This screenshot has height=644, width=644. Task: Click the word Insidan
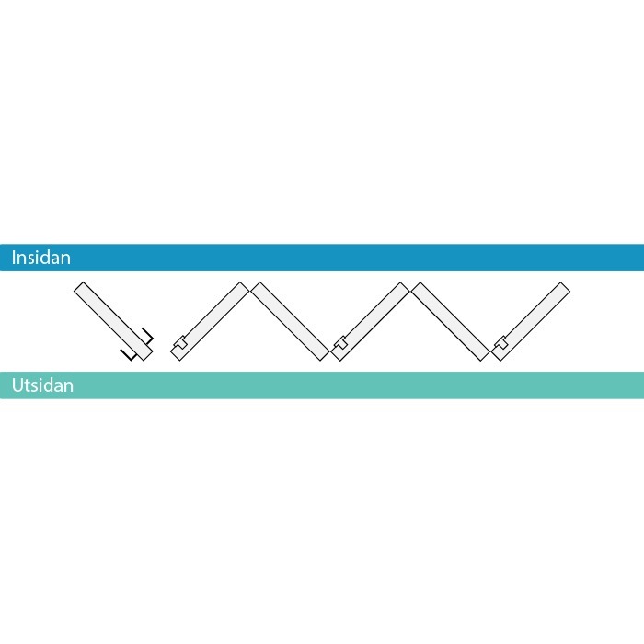41,258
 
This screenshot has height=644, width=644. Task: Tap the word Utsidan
42,385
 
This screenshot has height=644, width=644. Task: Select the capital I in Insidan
14,258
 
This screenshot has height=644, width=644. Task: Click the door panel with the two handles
113,321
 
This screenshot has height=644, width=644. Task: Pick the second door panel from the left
210,321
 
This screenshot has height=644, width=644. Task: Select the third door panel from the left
290,321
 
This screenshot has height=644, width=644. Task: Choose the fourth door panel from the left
370,321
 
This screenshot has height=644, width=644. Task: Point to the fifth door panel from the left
451,321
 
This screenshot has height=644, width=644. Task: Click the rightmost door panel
531,321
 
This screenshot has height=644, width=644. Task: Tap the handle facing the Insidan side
148,336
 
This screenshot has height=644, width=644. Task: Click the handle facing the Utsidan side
128,354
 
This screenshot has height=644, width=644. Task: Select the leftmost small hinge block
180,342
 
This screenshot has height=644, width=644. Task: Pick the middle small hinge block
340,342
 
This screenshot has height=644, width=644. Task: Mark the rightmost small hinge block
500,342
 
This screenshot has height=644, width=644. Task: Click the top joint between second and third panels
249,286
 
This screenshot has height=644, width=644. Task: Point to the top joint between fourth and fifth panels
410,286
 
